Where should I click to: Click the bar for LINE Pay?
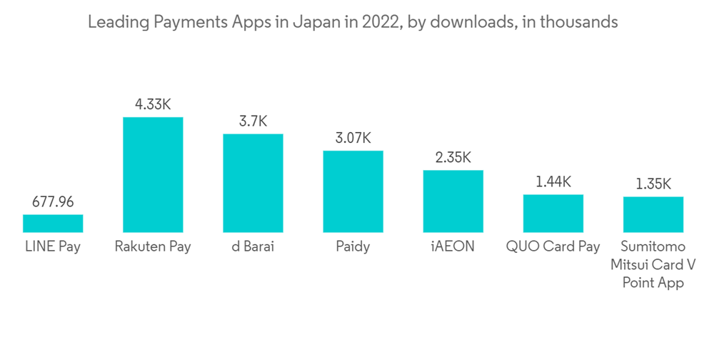pyautogui.click(x=53, y=224)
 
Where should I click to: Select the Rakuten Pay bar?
pyautogui.click(x=153, y=174)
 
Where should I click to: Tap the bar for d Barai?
pyautogui.click(x=253, y=183)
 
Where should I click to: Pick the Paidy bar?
pyautogui.click(x=353, y=191)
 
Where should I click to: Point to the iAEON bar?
pyautogui.click(x=453, y=201)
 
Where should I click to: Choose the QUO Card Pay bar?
pyautogui.click(x=553, y=213)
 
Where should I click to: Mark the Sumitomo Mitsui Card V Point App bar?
pyautogui.click(x=653, y=214)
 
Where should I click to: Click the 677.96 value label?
pyautogui.click(x=53, y=202)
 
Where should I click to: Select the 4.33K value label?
pyautogui.click(x=153, y=104)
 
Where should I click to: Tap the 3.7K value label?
pyautogui.click(x=253, y=121)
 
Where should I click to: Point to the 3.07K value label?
pyautogui.click(x=353, y=138)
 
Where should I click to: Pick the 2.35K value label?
pyautogui.click(x=453, y=158)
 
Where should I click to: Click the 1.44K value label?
pyautogui.click(x=553, y=182)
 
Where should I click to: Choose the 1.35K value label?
pyautogui.click(x=653, y=184)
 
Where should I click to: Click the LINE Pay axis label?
pyautogui.click(x=53, y=248)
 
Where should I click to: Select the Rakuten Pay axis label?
pyautogui.click(x=153, y=248)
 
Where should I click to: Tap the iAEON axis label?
pyautogui.click(x=453, y=248)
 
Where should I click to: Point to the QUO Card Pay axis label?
pyautogui.click(x=553, y=248)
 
